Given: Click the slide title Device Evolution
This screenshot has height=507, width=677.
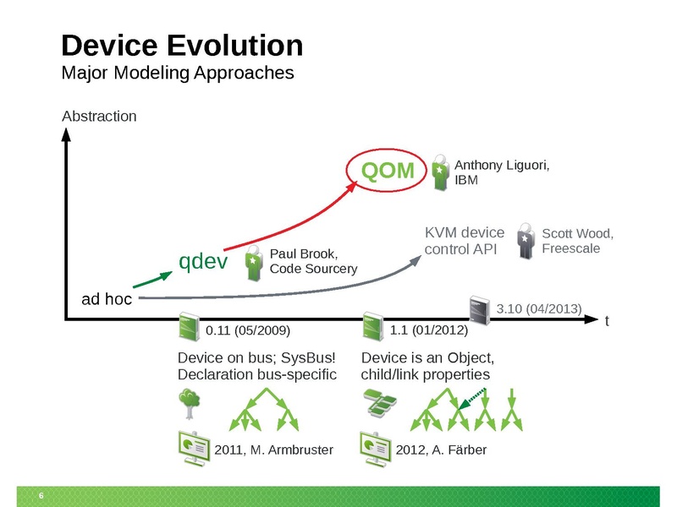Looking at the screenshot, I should coord(182,45).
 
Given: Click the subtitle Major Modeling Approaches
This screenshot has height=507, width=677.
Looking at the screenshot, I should coord(178,73).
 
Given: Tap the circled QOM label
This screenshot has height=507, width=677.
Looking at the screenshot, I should coord(388,172).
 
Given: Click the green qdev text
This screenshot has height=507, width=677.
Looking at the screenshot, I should coord(203,262).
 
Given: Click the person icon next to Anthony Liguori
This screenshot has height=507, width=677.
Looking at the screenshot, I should coord(441,171).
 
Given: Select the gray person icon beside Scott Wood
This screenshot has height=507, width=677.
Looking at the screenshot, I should coord(526,240).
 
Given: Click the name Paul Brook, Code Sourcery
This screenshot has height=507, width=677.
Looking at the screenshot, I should coord(312,261).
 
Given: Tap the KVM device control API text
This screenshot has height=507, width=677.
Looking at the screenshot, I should coord(464,240).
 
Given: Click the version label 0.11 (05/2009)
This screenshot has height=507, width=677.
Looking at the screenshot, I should coord(252,329).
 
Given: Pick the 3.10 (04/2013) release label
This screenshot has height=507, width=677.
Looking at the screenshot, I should coord(539,309).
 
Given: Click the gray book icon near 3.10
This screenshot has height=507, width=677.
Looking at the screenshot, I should coord(480,310).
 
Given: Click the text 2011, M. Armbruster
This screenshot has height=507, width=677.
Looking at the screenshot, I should coord(272,450).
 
